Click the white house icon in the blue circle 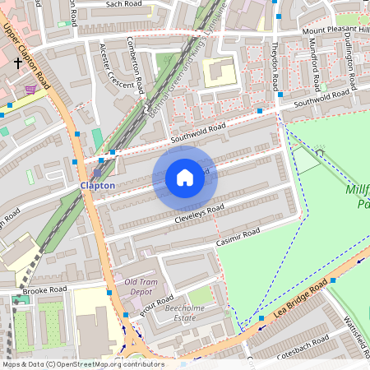[x=185, y=178]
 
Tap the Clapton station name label [x=97, y=186]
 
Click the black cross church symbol [x=18, y=62]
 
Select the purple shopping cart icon [x=30, y=89]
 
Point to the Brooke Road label [x=44, y=290]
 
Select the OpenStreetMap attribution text [x=83, y=364]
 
